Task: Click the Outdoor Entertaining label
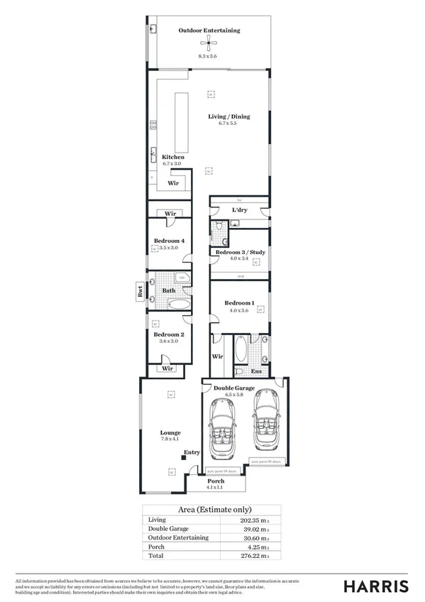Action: pyautogui.click(x=209, y=31)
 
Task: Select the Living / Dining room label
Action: pyautogui.click(x=228, y=116)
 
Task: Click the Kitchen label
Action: pyautogui.click(x=173, y=157)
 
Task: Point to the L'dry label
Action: pyautogui.click(x=239, y=210)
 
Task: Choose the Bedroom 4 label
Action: pyautogui.click(x=169, y=241)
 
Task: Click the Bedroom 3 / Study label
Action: pyautogui.click(x=240, y=252)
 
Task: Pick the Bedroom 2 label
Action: pyautogui.click(x=169, y=334)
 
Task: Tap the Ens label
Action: pyautogui.click(x=257, y=371)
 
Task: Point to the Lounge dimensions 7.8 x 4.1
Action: pyautogui.click(x=170, y=439)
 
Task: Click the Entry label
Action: pyautogui.click(x=192, y=452)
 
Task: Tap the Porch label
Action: pyautogui.click(x=216, y=481)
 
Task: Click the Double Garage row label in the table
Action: pyautogui.click(x=169, y=529)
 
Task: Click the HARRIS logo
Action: pyautogui.click(x=376, y=585)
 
